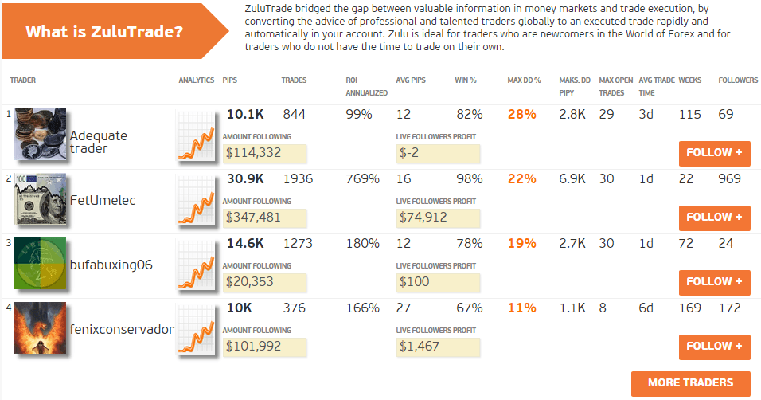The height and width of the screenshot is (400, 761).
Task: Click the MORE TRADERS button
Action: pyautogui.click(x=691, y=383)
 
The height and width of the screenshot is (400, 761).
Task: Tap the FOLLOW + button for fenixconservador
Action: pyautogui.click(x=714, y=347)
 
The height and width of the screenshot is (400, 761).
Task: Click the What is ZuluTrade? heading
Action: pyautogui.click(x=104, y=33)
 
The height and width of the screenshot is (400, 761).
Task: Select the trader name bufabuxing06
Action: pyautogui.click(x=110, y=265)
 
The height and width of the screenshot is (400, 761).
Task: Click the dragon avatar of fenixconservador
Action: pyautogui.click(x=40, y=328)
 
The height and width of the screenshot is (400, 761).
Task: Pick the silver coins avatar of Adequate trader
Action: pyautogui.click(x=40, y=135)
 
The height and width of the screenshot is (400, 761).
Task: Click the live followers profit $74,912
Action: pyautogui.click(x=423, y=218)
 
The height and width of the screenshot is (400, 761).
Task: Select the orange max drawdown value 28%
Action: pyautogui.click(x=521, y=114)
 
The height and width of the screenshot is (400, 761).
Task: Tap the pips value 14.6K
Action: pyautogui.click(x=244, y=243)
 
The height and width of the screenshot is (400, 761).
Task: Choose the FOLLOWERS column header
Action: pyautogui.click(x=738, y=80)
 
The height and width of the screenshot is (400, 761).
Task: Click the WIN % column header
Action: pyautogui.click(x=465, y=80)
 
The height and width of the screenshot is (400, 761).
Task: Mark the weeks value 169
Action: pyautogui.click(x=689, y=308)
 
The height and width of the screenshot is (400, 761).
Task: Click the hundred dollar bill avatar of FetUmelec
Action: pyautogui.click(x=40, y=200)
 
